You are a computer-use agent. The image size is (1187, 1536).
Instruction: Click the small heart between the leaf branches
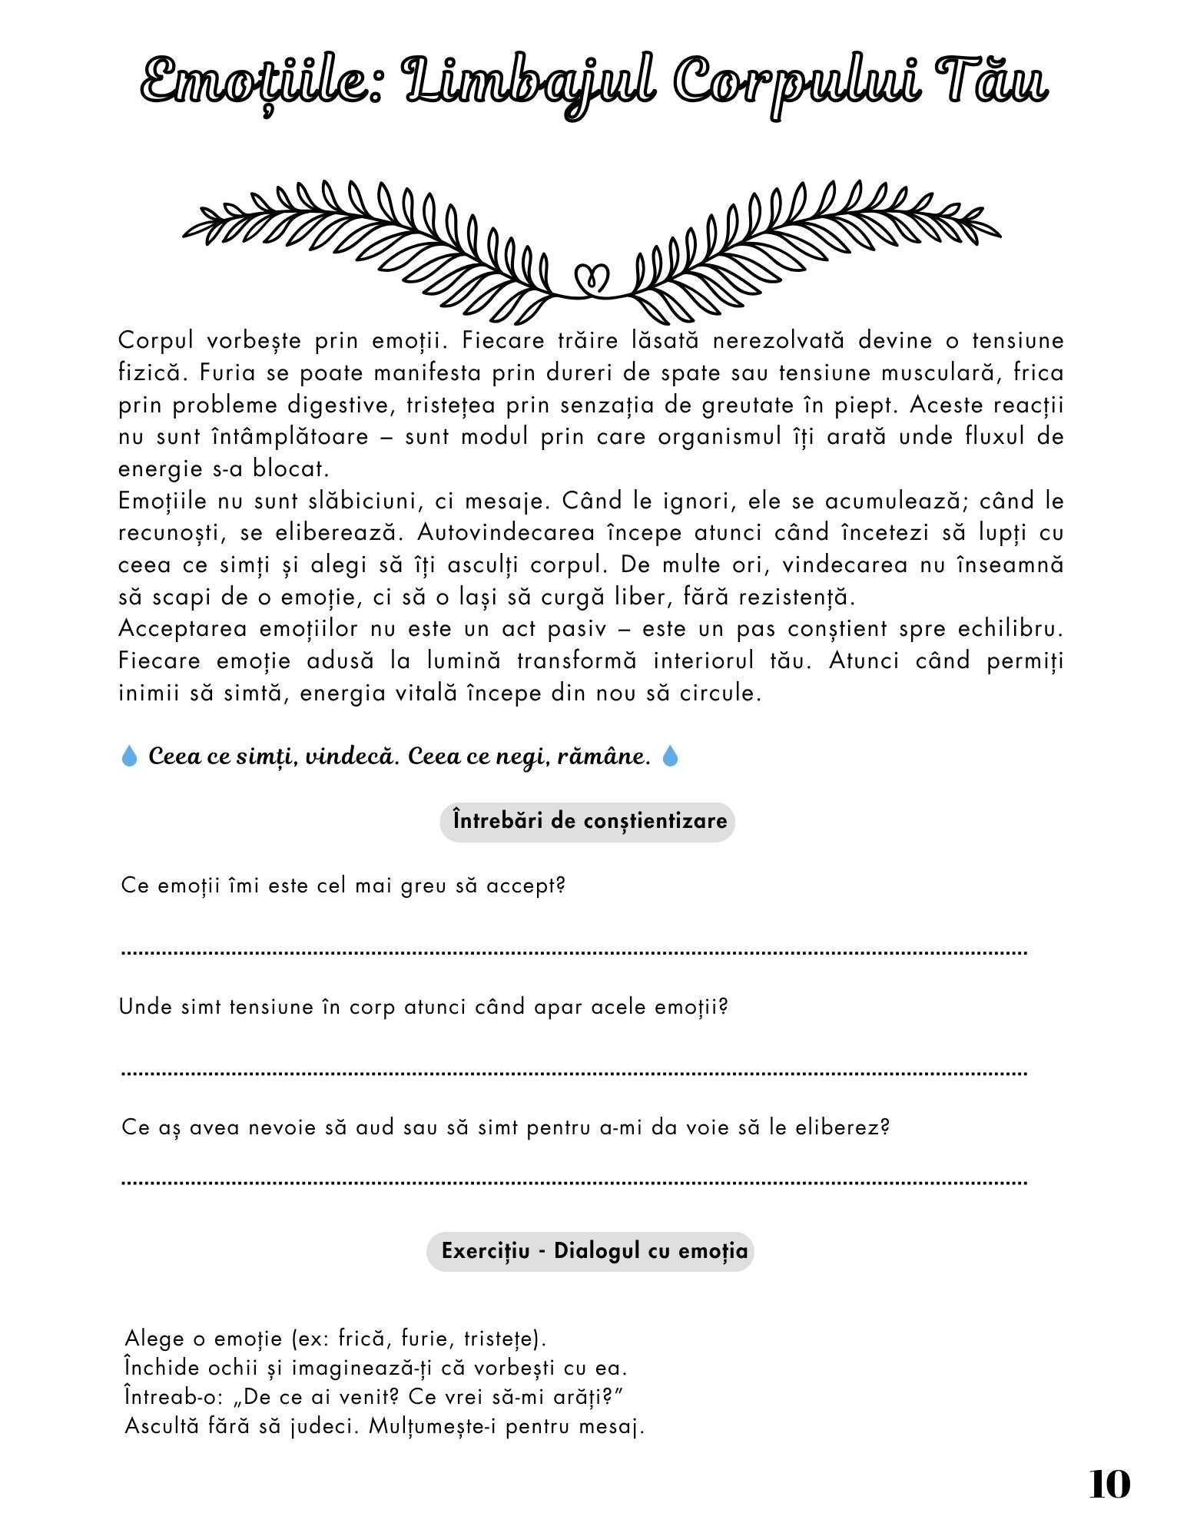(x=592, y=277)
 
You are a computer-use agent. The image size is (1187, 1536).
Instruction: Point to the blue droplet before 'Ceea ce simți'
(x=130, y=756)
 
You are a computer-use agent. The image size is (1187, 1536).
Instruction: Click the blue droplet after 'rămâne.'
(x=671, y=756)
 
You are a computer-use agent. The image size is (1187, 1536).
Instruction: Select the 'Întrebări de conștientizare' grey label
(x=588, y=821)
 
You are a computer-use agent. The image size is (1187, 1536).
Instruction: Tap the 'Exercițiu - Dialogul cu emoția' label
(x=590, y=1251)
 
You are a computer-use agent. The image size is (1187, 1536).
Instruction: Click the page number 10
(x=1109, y=1485)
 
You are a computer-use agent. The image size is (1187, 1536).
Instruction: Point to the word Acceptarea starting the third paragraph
(x=181, y=629)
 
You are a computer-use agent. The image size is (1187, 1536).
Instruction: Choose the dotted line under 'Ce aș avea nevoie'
(x=575, y=1183)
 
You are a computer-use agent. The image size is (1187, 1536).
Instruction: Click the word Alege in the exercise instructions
(x=154, y=1339)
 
